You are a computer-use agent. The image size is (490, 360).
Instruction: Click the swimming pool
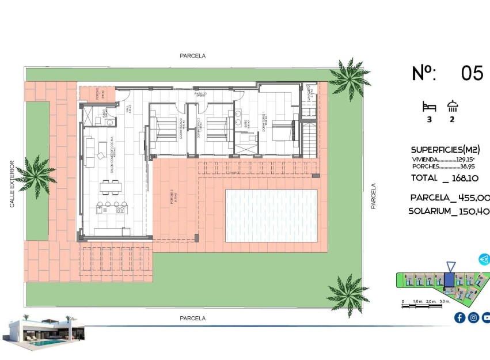(x=271, y=216)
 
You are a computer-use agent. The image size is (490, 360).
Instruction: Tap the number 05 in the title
(x=472, y=73)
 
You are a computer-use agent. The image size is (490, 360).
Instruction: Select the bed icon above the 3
(x=429, y=107)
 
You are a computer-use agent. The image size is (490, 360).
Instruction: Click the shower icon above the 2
(x=453, y=106)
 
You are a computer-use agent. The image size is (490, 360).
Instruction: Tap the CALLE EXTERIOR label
(x=12, y=184)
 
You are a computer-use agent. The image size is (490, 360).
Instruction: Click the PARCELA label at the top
(x=192, y=56)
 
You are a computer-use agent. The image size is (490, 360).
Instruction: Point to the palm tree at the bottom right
(x=348, y=291)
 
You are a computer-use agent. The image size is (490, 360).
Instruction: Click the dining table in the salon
(x=111, y=185)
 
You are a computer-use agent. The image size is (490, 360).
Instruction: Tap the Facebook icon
(x=459, y=317)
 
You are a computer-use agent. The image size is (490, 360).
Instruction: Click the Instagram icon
(x=473, y=317)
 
